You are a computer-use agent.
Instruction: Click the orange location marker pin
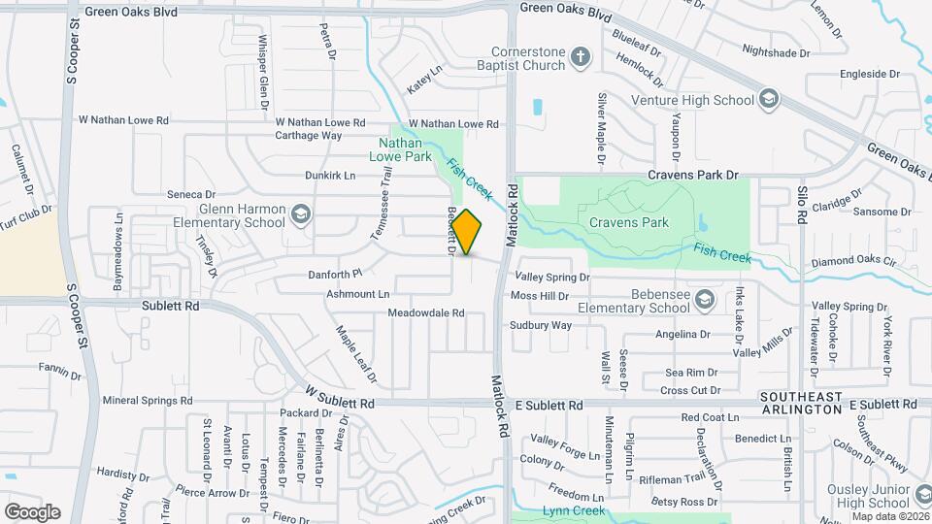point(467,232)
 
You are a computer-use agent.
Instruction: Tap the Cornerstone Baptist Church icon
point(581,56)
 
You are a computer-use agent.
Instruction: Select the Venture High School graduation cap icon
point(769,99)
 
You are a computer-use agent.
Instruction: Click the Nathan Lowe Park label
point(405,148)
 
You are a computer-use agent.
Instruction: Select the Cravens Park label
point(629,222)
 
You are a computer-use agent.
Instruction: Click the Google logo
point(32,511)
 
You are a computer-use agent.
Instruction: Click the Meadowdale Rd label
point(426,313)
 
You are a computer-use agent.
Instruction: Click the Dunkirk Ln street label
point(330,176)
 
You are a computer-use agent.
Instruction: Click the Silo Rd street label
point(803,206)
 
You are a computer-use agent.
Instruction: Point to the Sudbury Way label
point(541,325)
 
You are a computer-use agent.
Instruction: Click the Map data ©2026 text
point(890,515)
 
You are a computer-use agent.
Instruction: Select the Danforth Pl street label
point(335,275)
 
